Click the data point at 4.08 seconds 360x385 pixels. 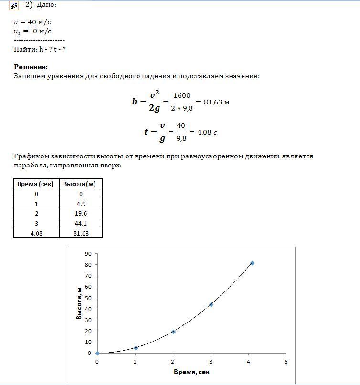[252, 263]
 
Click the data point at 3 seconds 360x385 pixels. [211, 304]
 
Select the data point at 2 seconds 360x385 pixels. [173, 332]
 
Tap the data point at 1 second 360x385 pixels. [136, 348]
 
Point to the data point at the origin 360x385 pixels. [97, 354]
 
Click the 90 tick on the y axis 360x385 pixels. [88, 254]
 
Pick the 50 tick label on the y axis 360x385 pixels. [88, 298]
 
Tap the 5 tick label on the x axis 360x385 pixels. [286, 361]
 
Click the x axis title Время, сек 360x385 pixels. [191, 372]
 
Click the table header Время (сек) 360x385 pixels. [36, 184]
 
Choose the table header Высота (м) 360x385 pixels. [81, 184]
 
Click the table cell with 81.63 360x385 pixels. [81, 233]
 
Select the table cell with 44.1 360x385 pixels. [81, 223]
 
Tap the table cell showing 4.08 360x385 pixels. [36, 233]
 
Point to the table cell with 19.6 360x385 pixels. [81, 214]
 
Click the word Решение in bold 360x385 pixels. [31, 67]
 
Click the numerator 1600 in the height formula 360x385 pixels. [181, 96]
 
